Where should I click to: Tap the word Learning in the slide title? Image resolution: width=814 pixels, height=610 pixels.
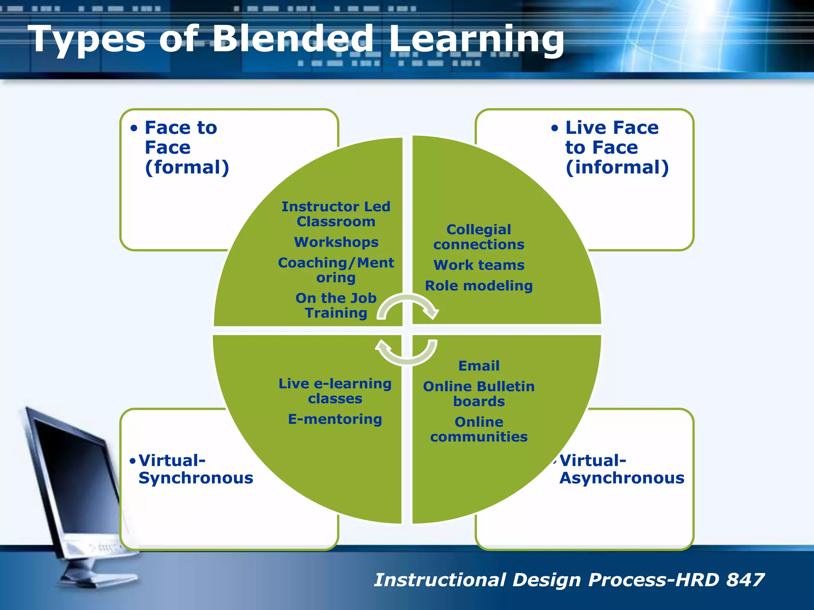476,40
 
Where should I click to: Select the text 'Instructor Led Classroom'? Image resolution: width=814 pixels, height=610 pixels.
336,214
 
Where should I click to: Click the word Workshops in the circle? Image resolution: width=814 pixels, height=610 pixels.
336,242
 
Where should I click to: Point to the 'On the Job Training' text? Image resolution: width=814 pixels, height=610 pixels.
336,305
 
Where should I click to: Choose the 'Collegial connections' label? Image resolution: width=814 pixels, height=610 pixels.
479,237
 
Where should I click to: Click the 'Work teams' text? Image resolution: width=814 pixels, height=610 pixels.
479,265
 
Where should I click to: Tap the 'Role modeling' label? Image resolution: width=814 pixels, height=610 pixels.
479,286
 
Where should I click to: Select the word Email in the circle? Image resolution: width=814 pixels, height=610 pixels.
479,366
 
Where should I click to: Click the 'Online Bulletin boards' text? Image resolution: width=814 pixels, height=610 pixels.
479,394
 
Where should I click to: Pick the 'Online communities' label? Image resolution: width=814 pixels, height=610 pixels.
479,429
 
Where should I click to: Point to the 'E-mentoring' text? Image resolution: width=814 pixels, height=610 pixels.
335,419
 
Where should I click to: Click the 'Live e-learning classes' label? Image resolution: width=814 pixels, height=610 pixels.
335,391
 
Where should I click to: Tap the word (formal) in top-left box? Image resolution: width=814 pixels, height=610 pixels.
187,167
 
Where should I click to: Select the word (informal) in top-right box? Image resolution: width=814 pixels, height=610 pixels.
617,167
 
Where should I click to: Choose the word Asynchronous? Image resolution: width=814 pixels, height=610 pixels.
622,478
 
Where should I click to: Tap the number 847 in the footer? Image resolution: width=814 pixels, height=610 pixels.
745,580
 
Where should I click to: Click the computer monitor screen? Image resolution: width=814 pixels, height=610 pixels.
72,477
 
